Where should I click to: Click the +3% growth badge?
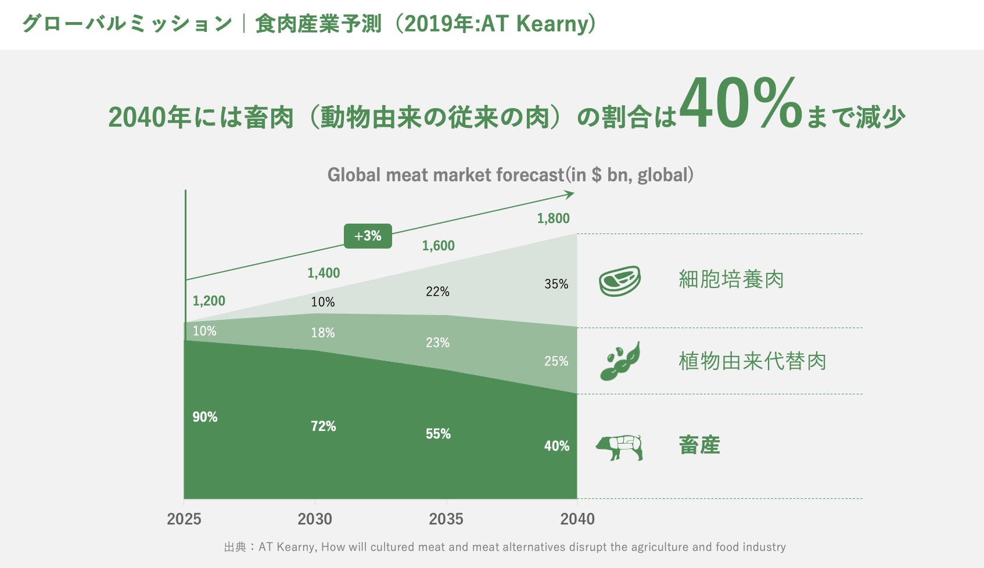pyautogui.click(x=368, y=236)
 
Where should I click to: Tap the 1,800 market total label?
pyautogui.click(x=553, y=218)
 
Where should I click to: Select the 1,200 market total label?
pyautogui.click(x=209, y=301)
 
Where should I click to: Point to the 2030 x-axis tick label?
pyautogui.click(x=315, y=519)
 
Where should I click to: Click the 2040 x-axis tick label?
pyautogui.click(x=577, y=519)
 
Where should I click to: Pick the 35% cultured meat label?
pyautogui.click(x=556, y=284)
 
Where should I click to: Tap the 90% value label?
pyautogui.click(x=205, y=417)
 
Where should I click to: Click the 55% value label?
pyautogui.click(x=438, y=434)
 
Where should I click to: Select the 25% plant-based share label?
pyautogui.click(x=556, y=361)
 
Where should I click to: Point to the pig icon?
pyautogui.click(x=620, y=447)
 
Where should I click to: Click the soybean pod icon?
pyautogui.click(x=620, y=361)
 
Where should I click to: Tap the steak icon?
pyautogui.click(x=620, y=281)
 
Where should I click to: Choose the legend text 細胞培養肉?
pyautogui.click(x=731, y=279)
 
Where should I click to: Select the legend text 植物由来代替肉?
pyautogui.click(x=752, y=361)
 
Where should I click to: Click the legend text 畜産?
pyautogui.click(x=699, y=445)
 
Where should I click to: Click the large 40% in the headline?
pyautogui.click(x=741, y=105)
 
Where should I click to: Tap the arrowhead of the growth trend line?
pyautogui.click(x=570, y=194)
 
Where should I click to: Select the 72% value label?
pyautogui.click(x=323, y=426)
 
